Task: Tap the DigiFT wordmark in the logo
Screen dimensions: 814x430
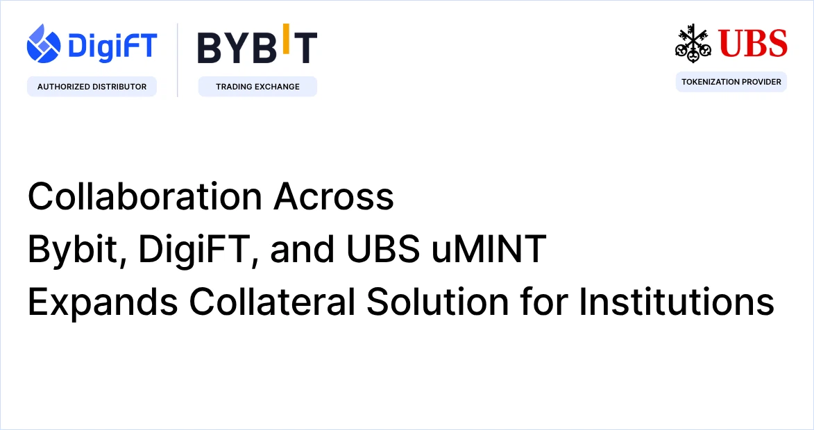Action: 112,46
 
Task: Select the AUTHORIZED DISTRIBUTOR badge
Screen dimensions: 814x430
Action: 92,87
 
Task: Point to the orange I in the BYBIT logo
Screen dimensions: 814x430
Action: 285,39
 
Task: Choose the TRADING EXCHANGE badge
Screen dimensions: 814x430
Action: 257,87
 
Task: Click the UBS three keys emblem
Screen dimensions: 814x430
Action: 693,43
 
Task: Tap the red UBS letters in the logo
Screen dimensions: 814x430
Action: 753,43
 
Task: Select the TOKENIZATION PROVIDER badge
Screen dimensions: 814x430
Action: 731,82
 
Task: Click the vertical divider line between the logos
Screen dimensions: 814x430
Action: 178,60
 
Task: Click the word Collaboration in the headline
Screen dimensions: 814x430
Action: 145,196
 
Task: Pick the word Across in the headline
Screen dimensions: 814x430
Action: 334,196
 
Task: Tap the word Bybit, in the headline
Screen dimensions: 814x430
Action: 77,250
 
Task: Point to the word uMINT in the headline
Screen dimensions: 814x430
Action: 489,249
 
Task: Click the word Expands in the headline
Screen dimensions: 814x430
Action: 103,302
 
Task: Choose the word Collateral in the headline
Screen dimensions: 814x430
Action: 272,302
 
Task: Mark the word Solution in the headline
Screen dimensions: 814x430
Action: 438,302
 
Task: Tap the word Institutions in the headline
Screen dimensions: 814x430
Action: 677,302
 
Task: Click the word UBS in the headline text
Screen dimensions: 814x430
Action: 382,249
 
